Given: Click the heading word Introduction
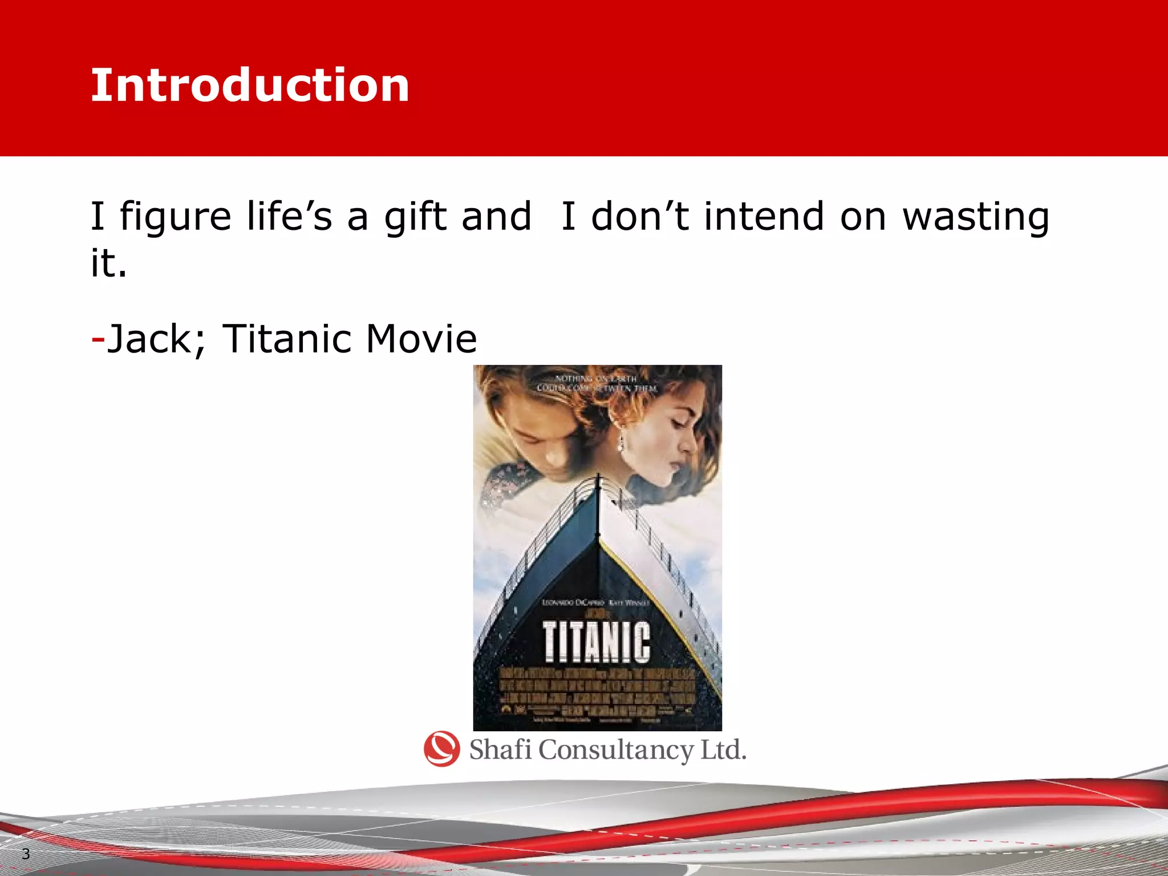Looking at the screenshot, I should click(x=250, y=86).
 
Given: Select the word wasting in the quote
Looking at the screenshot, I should click(x=975, y=217).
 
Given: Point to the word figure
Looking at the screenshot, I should click(x=175, y=217).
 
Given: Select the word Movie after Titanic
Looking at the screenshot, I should click(x=421, y=339).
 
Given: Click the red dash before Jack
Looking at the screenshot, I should click(x=98, y=339).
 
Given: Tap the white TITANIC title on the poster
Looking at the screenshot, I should click(x=596, y=642).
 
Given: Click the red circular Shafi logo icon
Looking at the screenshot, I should click(x=442, y=749).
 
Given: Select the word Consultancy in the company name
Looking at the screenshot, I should click(x=616, y=750).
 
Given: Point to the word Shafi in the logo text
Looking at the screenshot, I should click(x=500, y=749).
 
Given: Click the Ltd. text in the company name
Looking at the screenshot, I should click(x=723, y=749).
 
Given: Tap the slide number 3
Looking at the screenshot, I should click(x=26, y=854).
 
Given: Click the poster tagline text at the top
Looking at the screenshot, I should click(x=597, y=383).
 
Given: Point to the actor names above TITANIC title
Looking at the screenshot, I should click(x=595, y=603).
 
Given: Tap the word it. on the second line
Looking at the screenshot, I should click(x=108, y=263).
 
